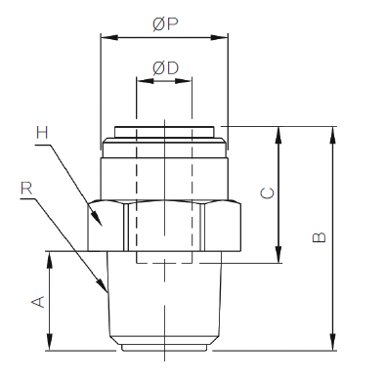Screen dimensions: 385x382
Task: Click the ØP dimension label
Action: [165, 24]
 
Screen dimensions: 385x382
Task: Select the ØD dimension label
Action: [165, 68]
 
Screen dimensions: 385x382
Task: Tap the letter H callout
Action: [42, 133]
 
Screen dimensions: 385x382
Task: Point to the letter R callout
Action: [26, 189]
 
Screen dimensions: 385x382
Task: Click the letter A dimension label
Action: [38, 302]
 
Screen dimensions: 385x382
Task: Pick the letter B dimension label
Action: [319, 237]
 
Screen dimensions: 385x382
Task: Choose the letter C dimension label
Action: [268, 193]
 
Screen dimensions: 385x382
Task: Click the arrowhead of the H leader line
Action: [97, 218]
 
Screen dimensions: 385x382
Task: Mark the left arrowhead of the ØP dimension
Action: [109, 37]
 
